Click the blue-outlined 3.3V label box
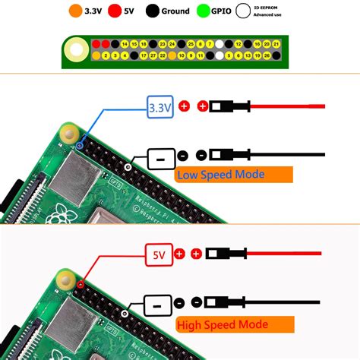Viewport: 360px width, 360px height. (161, 107)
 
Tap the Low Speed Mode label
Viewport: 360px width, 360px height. (222, 174)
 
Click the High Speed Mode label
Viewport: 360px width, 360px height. (223, 324)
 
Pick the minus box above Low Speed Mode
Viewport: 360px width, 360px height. (160, 158)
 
